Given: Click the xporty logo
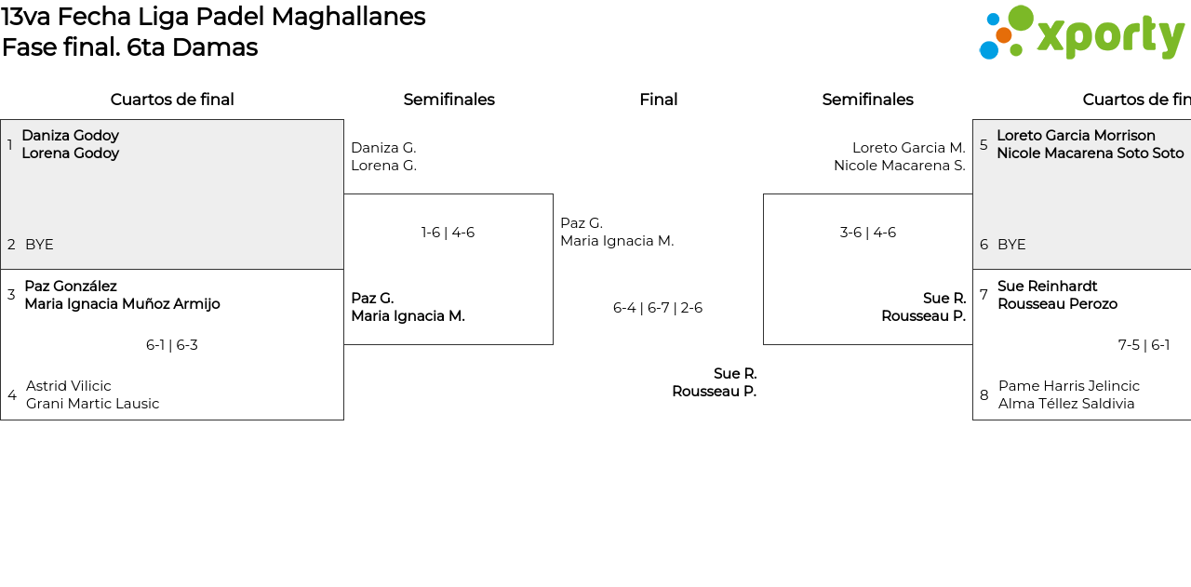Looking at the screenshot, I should pyautogui.click(x=1081, y=33).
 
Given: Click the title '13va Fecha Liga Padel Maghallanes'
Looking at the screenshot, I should pyautogui.click(x=213, y=17).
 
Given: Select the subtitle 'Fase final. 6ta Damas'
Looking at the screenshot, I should pyautogui.click(x=129, y=47).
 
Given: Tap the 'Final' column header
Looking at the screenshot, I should pyautogui.click(x=658, y=100).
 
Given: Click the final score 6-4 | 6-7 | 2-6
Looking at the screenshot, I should pyautogui.click(x=658, y=308).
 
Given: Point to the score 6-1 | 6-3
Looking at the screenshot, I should pyautogui.click(x=172, y=345).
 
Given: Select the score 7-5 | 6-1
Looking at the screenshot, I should pyautogui.click(x=1144, y=345).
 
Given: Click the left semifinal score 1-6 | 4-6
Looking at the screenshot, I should pyautogui.click(x=448, y=233).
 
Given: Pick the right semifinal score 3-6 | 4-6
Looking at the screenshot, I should pyautogui.click(x=867, y=233).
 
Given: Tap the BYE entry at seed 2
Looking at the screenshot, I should pyautogui.click(x=39, y=245).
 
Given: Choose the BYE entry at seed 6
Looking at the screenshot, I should pyautogui.click(x=1011, y=245).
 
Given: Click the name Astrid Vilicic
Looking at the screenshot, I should pyautogui.click(x=69, y=386).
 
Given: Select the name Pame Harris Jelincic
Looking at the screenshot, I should pyautogui.click(x=1068, y=386).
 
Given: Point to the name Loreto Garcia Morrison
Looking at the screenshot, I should pyautogui.click(x=1076, y=136).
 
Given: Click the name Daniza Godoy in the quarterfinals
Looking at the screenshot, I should pyautogui.click(x=70, y=136).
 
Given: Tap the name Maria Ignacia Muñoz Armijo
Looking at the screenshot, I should pyautogui.click(x=122, y=304).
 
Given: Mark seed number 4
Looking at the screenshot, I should pyautogui.click(x=12, y=395).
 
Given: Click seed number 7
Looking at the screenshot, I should pyautogui.click(x=984, y=295).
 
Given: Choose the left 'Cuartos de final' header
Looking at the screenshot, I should pyautogui.click(x=172, y=100).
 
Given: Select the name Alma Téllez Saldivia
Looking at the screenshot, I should pyautogui.click(x=1066, y=404).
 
